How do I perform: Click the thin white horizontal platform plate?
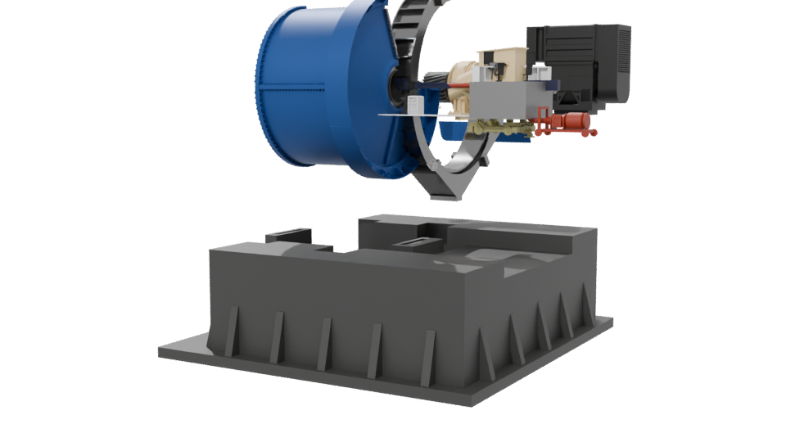click(x=409, y=116)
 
